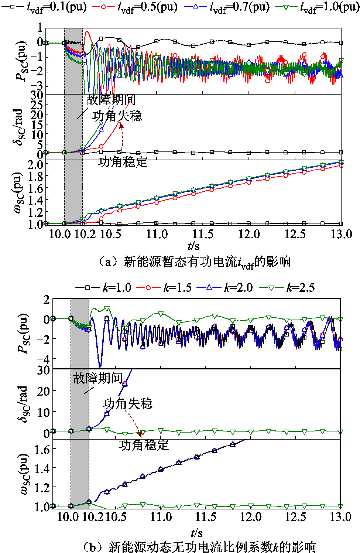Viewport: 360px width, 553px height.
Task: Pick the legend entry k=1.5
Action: (164, 287)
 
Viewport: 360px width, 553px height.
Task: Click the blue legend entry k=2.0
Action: (225, 287)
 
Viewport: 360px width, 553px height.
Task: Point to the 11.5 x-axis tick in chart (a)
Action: (203, 234)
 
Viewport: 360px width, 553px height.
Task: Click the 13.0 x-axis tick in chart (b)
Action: (340, 516)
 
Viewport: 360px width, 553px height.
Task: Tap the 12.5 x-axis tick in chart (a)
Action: (295, 234)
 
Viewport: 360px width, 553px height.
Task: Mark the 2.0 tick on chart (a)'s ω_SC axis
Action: (36, 164)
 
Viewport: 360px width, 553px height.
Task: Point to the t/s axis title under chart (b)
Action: (196, 533)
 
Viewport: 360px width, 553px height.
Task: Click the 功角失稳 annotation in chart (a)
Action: (117, 116)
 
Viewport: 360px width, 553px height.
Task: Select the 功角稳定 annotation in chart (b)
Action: (144, 445)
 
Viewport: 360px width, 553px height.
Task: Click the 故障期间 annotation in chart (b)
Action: (98, 378)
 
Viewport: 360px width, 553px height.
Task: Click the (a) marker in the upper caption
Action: (107, 262)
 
